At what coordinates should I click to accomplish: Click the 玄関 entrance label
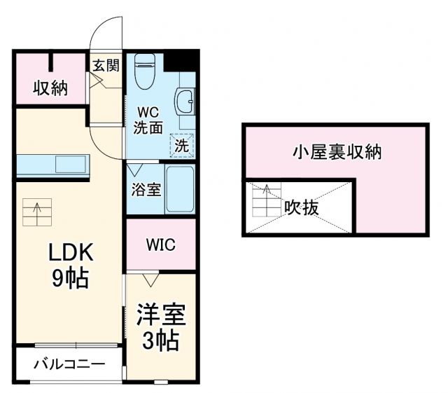coord(106,66)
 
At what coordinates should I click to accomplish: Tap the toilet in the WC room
coord(146,74)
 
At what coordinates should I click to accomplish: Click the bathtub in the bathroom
coord(178,189)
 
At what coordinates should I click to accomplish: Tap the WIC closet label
coord(160,245)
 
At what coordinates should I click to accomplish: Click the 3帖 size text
coord(160,341)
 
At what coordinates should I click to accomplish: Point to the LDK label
coord(70,252)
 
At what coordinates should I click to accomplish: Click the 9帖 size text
coord(70,278)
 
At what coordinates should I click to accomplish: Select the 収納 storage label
coord(50,89)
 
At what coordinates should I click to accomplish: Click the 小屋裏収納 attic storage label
coord(336,151)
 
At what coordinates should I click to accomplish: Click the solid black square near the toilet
coord(180,61)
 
